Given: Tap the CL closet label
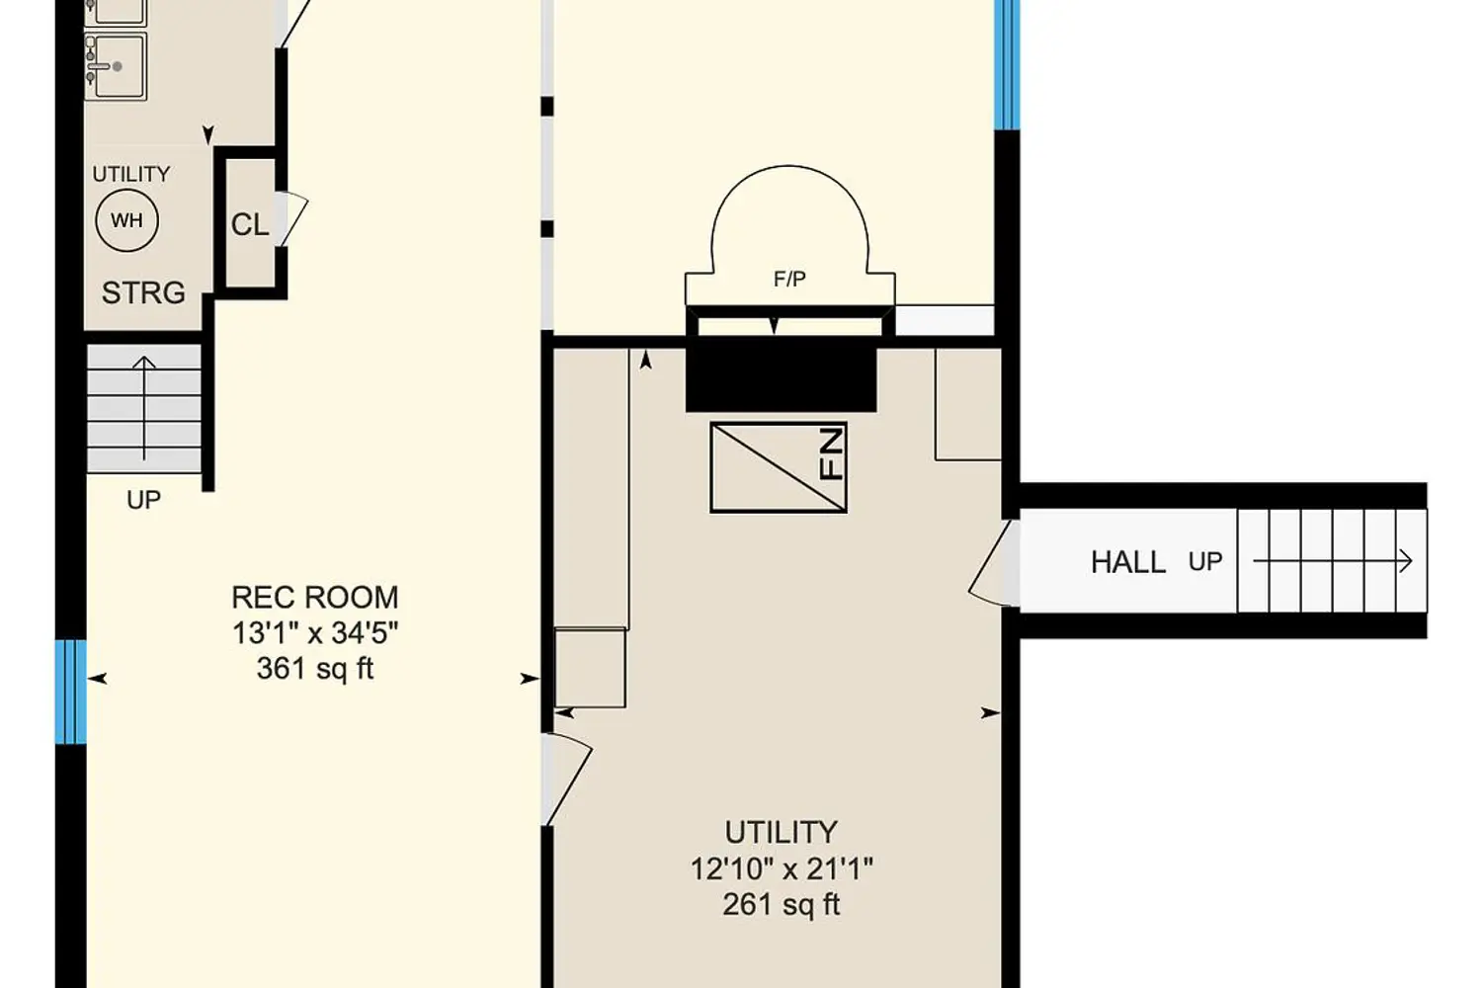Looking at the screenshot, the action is [249, 225].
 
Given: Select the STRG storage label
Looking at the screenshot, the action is [143, 292].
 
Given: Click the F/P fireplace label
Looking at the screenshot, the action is [789, 280].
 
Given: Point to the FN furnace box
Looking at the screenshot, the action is [779, 467].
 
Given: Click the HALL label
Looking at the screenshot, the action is [1128, 562].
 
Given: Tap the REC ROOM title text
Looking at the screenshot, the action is [315, 598].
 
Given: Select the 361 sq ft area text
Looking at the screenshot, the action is [315, 668].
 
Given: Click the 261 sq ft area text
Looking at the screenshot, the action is [781, 904].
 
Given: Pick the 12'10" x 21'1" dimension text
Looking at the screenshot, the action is [782, 868].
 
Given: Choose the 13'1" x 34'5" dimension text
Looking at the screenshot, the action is [315, 633].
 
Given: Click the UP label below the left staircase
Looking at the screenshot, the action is [143, 500].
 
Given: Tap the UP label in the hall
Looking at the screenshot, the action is [1204, 562].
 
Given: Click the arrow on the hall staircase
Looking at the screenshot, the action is [1333, 562].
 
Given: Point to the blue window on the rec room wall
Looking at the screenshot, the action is [71, 692].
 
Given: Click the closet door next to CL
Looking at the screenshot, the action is [291, 218].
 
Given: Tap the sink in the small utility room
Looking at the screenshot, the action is [117, 67].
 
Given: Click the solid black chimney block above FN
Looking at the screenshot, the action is [782, 373].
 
